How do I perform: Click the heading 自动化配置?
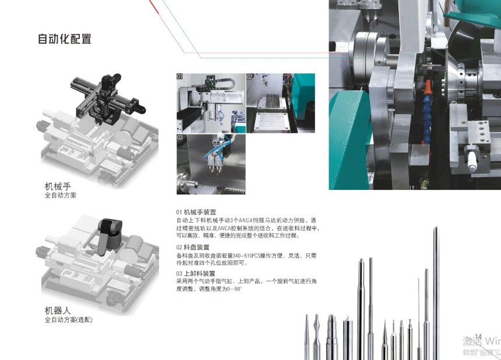click(x=65, y=39)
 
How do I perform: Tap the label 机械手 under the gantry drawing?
click(x=58, y=186)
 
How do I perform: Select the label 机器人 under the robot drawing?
click(x=58, y=310)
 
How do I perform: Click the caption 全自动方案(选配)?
click(x=68, y=320)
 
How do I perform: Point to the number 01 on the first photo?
click(x=180, y=76)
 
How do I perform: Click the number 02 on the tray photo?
click(x=250, y=77)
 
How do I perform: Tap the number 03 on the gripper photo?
click(x=180, y=137)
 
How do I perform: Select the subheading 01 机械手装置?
click(x=196, y=212)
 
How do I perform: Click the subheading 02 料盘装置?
click(x=193, y=247)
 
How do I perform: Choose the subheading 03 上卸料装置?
click(x=196, y=273)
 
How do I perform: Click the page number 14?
click(x=478, y=337)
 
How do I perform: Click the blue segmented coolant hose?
click(x=427, y=118)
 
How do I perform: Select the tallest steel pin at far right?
click(x=436, y=292)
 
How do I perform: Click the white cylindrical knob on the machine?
click(x=472, y=161)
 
